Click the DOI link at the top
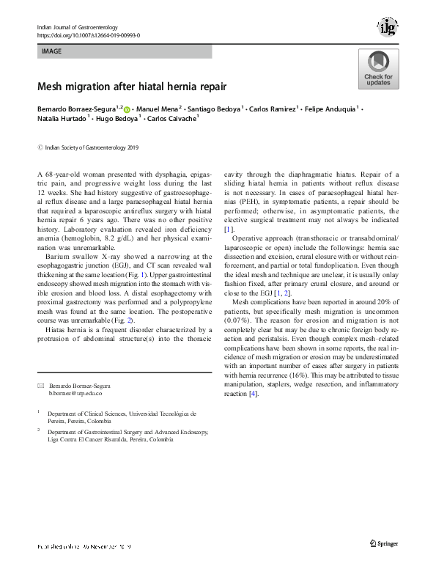coord(88,34)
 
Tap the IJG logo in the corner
coord(388,27)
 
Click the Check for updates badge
coord(378,70)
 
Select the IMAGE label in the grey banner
coord(52,52)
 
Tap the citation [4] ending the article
coord(254,394)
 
